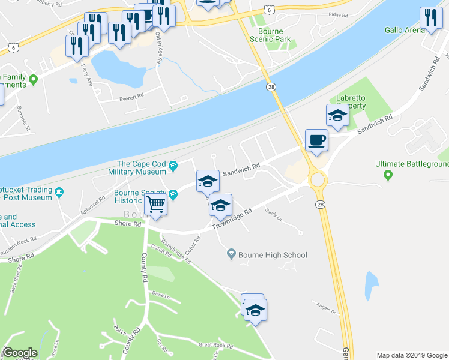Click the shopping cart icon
(156, 204)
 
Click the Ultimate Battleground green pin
(388, 176)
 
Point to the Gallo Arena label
(402, 29)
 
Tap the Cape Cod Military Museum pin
(173, 166)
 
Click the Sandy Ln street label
(273, 213)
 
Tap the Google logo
(20, 353)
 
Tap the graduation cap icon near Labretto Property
(337, 115)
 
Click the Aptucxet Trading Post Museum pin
(59, 193)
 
